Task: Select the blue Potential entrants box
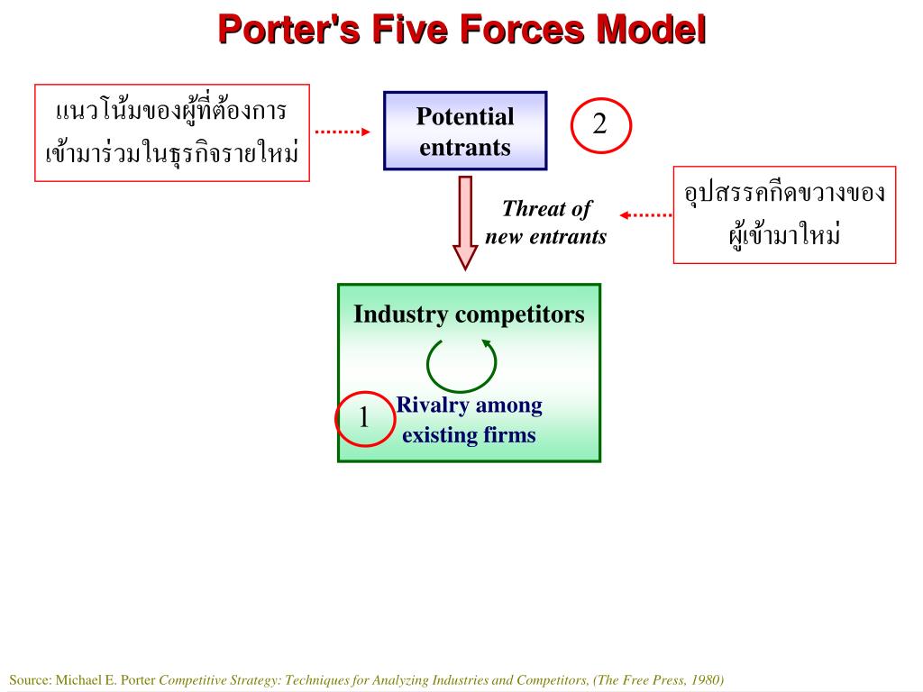(465, 131)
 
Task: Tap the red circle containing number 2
(600, 125)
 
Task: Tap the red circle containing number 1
(365, 418)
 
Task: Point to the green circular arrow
(461, 364)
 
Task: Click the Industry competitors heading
(469, 314)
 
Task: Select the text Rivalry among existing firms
(469, 421)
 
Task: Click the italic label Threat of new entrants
(546, 223)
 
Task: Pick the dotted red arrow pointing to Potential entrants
(343, 132)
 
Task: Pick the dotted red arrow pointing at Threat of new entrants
(645, 215)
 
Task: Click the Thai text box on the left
(172, 132)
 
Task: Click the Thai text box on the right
(784, 214)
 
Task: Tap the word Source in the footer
(30, 679)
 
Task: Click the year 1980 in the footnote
(704, 679)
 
